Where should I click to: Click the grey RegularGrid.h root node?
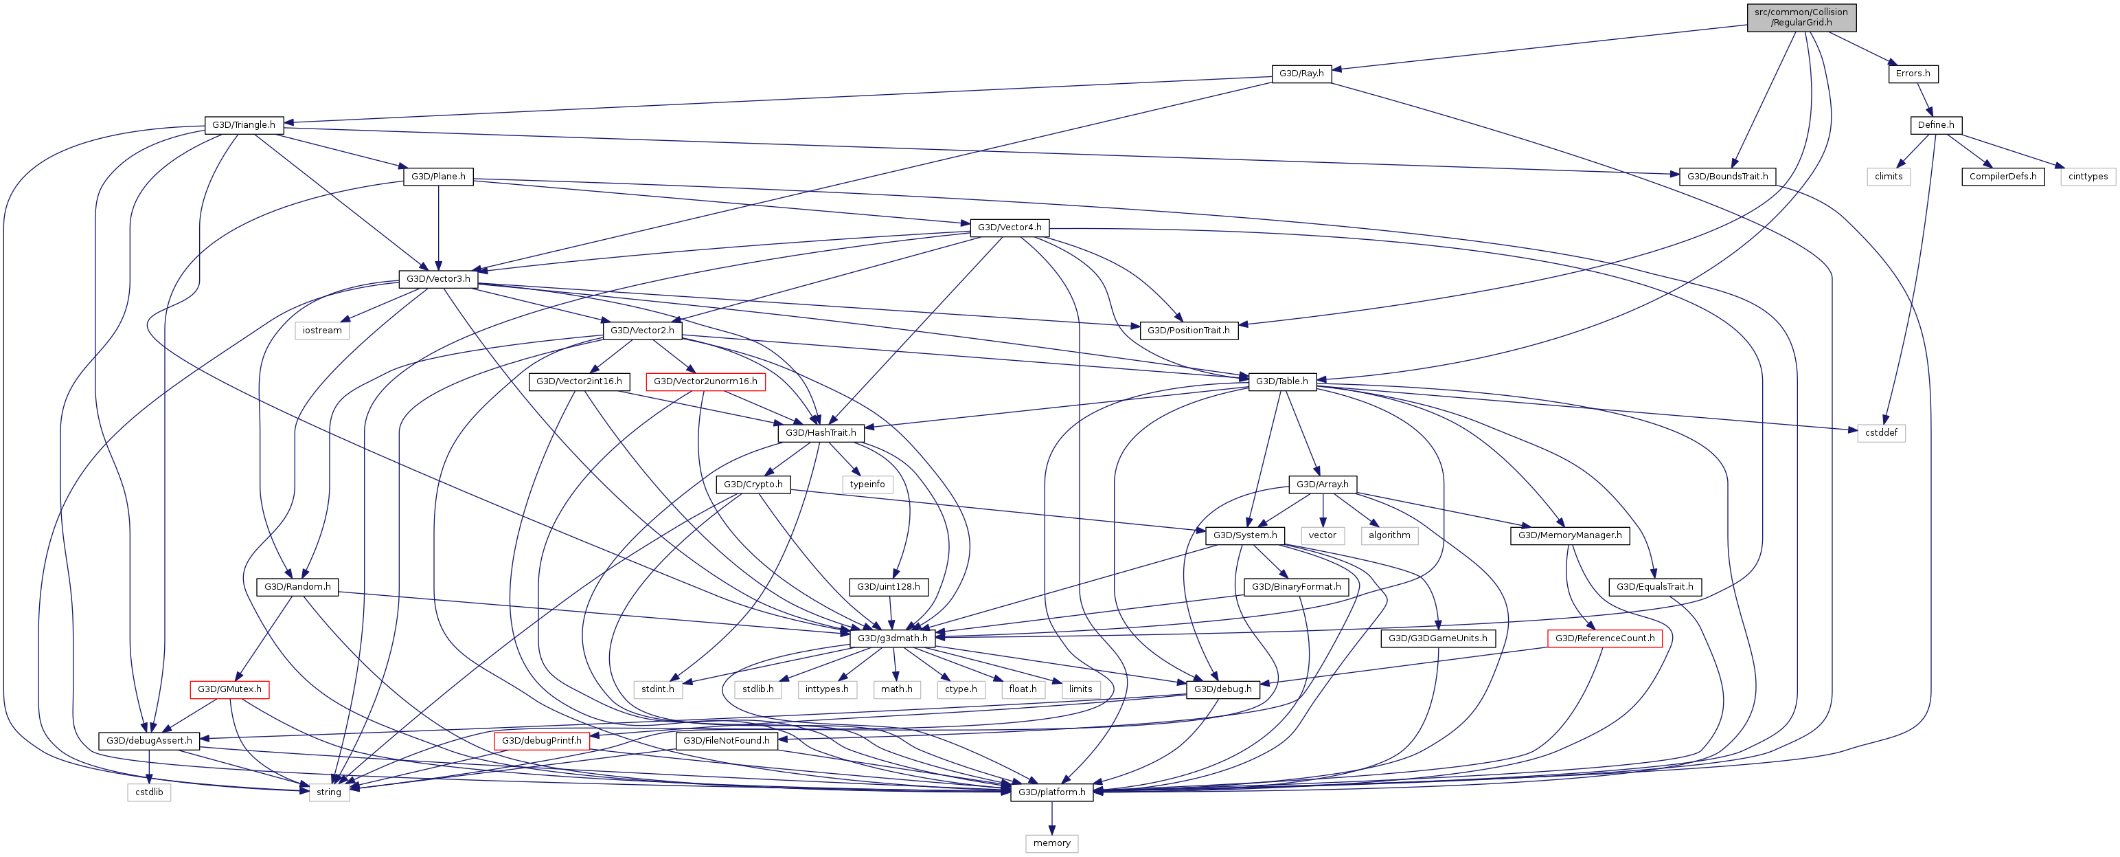click(x=1801, y=17)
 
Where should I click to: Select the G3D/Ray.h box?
click(x=1301, y=74)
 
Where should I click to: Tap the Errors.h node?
click(x=1913, y=74)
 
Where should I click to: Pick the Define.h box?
click(x=1936, y=125)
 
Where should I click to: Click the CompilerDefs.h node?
click(x=2003, y=176)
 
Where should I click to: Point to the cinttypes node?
click(x=2088, y=176)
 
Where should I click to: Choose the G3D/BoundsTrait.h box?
click(x=1726, y=176)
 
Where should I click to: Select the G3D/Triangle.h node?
click(x=244, y=125)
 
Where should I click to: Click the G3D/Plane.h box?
click(x=438, y=176)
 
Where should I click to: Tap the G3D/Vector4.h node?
click(x=1009, y=227)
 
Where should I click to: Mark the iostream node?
click(x=322, y=330)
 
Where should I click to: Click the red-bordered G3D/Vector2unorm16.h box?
click(x=705, y=381)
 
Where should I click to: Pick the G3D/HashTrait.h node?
click(x=821, y=433)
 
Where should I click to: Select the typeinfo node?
click(x=867, y=484)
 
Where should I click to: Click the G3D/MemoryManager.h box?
click(x=1569, y=535)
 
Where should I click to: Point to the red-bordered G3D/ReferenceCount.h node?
click(x=1604, y=638)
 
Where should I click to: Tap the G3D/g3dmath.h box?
click(x=892, y=638)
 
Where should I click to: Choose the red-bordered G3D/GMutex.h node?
click(x=229, y=689)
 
